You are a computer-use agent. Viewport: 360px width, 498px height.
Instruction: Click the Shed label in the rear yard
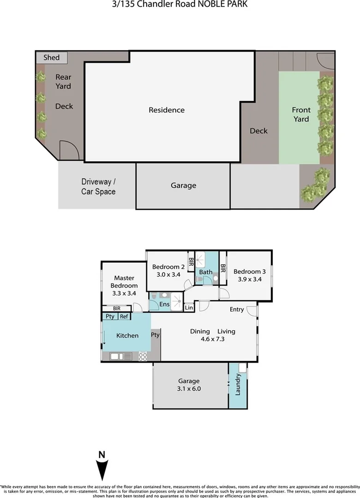pos(51,58)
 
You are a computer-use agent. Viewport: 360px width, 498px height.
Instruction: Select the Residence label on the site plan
pos(167,110)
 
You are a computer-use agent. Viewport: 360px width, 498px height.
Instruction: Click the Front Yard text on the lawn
pos(301,114)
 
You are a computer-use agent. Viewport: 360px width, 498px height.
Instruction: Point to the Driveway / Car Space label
pos(98,186)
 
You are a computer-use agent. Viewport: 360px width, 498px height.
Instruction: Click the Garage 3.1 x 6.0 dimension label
pos(189,385)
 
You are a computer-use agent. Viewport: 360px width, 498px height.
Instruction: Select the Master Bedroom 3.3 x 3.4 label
pos(124,285)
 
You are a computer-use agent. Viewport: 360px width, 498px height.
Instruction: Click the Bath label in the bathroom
pos(206,272)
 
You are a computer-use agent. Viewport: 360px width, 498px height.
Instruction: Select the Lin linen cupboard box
pos(188,308)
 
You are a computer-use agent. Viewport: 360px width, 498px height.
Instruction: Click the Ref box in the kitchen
pos(124,316)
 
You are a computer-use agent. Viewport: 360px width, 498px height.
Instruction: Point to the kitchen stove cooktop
pos(143,356)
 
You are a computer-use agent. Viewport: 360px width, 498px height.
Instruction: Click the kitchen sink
pos(116,356)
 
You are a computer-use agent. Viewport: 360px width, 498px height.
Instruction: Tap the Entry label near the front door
pos(237,309)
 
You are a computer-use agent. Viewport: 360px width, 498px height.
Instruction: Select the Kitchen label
pos(127,336)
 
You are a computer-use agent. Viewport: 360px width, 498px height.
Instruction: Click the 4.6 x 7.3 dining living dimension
pos(213,340)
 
